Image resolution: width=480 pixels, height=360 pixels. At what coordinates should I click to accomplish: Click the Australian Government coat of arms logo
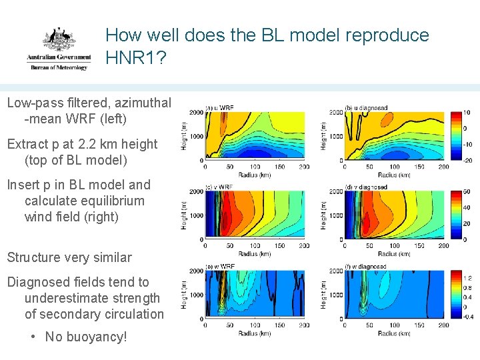pos(59,40)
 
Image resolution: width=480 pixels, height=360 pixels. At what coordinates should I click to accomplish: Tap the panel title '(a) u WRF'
pos(220,107)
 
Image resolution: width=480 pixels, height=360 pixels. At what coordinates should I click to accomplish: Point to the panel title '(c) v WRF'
pos(220,187)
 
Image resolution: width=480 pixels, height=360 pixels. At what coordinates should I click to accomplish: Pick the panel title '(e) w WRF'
pos(220,267)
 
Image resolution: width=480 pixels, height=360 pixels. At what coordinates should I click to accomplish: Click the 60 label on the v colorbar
pos(466,192)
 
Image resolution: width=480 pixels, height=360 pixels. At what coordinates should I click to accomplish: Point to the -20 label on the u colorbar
pos(467,161)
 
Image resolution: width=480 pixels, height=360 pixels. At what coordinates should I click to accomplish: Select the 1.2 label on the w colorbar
pos(467,277)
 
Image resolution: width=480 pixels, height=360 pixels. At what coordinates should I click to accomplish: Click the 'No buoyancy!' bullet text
pos(85,337)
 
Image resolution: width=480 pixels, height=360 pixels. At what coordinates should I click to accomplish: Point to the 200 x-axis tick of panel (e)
pos(304,326)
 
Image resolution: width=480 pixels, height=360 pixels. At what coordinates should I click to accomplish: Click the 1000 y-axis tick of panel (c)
pos(197,215)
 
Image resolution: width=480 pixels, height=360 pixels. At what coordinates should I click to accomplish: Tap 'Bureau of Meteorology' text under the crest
pos(58,67)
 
